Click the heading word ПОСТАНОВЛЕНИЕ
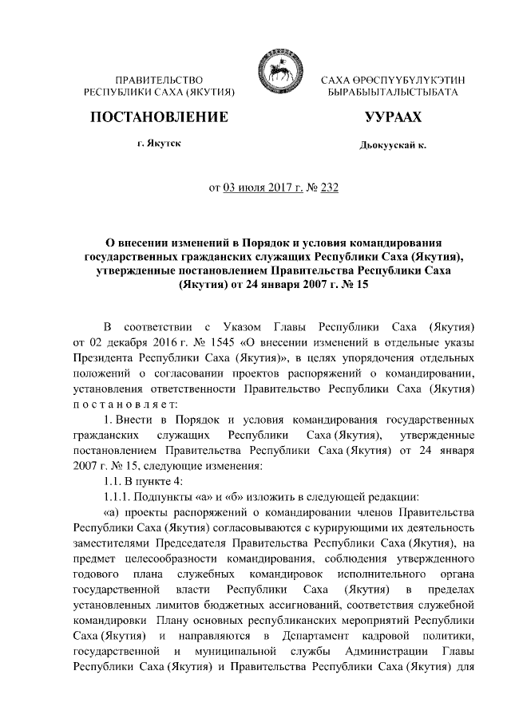[159, 118]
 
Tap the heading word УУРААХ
[387, 118]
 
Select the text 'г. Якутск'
[159, 144]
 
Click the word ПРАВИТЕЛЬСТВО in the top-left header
[159, 81]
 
